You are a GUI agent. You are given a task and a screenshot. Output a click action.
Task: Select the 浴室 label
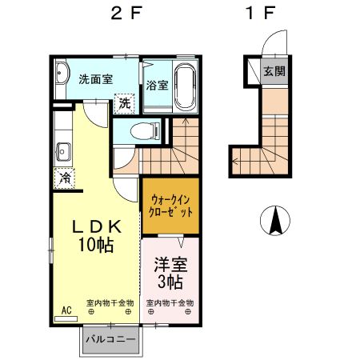click(157, 85)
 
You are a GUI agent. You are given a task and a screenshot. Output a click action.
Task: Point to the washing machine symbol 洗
click(124, 102)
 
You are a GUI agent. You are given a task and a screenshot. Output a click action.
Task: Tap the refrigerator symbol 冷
click(64, 178)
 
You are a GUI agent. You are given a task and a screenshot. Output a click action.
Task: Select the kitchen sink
click(62, 150)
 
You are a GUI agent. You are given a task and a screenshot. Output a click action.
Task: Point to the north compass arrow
click(275, 221)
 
